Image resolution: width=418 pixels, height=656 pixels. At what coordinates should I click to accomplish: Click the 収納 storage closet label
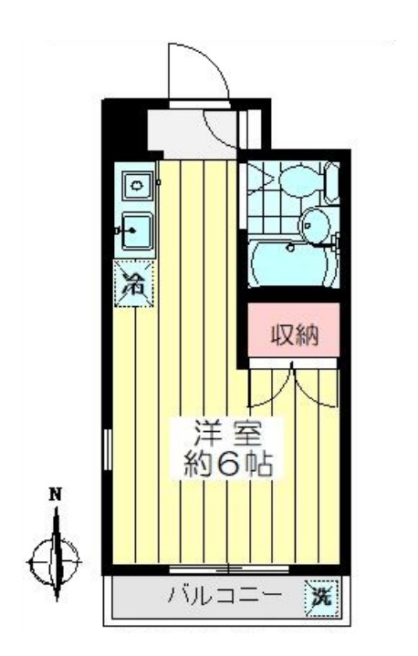(295, 334)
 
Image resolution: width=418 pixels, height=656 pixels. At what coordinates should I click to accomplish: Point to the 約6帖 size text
(228, 464)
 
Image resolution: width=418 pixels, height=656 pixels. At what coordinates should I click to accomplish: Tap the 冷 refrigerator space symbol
(134, 283)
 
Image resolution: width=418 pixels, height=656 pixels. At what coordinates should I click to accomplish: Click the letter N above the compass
(56, 494)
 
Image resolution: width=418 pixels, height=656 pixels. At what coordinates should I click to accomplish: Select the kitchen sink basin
(138, 231)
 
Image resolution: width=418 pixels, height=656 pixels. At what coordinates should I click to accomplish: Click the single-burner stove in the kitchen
(137, 185)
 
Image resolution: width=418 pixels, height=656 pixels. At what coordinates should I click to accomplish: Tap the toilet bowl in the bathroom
(300, 181)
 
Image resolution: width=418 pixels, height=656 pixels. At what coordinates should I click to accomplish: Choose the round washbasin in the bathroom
(315, 226)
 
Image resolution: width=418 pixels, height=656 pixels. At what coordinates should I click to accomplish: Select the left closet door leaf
(270, 387)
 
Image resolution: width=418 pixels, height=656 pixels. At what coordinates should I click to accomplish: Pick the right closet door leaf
(315, 387)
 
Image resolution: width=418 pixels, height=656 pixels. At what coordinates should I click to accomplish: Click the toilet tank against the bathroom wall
(332, 183)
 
